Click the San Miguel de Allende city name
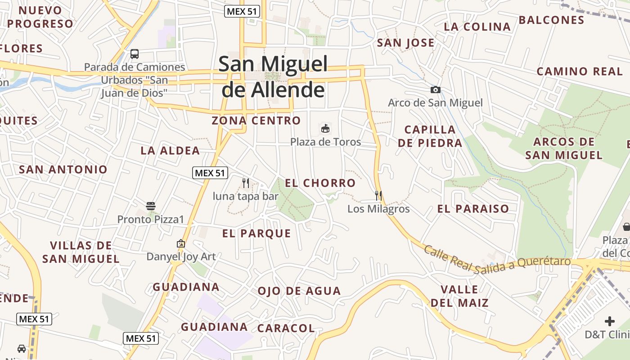click(273, 77)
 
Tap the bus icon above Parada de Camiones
click(135, 54)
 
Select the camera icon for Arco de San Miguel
click(435, 90)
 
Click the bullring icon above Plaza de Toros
click(325, 129)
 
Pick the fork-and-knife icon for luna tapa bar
click(246, 183)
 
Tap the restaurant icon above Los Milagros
click(378, 196)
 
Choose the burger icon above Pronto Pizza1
click(151, 206)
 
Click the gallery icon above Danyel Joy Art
click(181, 243)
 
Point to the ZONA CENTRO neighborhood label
click(256, 121)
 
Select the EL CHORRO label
click(320, 183)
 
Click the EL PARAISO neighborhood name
click(473, 209)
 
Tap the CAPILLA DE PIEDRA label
click(430, 136)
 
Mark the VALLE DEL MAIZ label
click(459, 296)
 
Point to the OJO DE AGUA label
click(299, 291)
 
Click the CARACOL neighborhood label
click(286, 328)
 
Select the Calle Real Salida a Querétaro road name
click(497, 261)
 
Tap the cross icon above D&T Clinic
click(610, 321)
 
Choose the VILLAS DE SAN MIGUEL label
click(81, 252)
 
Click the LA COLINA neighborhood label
click(477, 27)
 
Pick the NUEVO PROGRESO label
click(40, 17)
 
